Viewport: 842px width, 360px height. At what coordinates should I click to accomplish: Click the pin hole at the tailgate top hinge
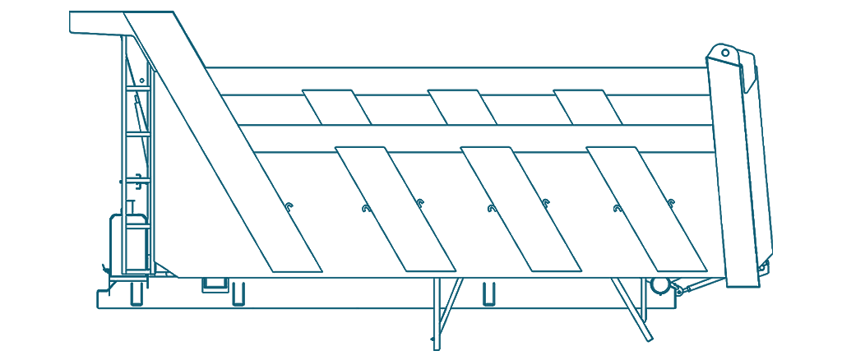[725, 53]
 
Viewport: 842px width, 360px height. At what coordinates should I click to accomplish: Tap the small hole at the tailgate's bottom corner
[763, 269]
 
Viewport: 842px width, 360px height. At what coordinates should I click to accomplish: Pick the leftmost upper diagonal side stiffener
[337, 107]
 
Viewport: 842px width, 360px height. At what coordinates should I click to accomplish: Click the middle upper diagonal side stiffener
[463, 107]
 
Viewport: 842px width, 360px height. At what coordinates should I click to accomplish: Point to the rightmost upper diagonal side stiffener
[589, 107]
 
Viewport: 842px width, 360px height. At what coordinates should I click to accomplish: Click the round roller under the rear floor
[659, 285]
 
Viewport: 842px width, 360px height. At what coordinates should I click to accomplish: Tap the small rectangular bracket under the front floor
[216, 284]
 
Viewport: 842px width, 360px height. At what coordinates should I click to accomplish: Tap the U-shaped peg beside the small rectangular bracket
[238, 293]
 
